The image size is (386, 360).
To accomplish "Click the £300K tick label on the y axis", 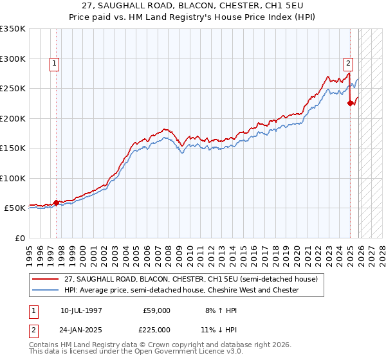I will pyautogui.click(x=13, y=59).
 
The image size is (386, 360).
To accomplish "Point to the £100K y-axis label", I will pyautogui.click(x=13, y=178).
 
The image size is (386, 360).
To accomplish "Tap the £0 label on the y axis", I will pyautogui.click(x=20, y=238).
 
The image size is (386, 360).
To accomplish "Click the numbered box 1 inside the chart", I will pyautogui.click(x=54, y=63).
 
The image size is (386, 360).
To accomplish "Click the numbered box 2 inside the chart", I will pyautogui.click(x=348, y=63).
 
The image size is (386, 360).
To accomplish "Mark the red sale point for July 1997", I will pyautogui.click(x=56, y=203).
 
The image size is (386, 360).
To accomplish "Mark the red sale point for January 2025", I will pyautogui.click(x=350, y=103).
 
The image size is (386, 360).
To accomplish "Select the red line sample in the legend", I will pyautogui.click(x=45, y=280).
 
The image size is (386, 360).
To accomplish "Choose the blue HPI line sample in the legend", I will pyautogui.click(x=45, y=291).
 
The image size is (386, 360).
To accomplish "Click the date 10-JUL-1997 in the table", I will pyautogui.click(x=81, y=310).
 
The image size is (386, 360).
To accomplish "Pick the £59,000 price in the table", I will pyautogui.click(x=156, y=310).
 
